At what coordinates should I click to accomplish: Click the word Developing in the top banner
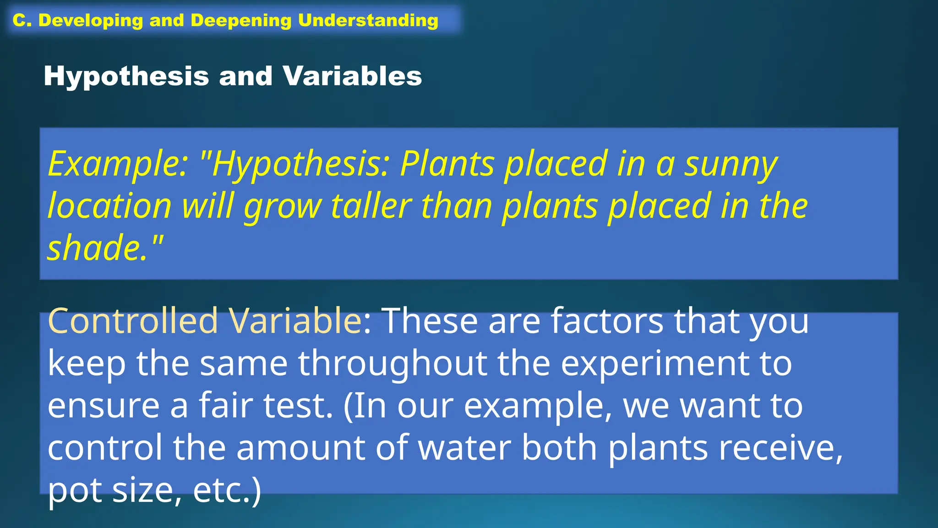point(90,21)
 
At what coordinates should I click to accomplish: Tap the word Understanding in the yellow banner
point(368,21)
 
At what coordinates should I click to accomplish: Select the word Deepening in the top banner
point(241,21)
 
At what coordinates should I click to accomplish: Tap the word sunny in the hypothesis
point(731,164)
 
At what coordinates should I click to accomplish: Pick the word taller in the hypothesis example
point(371,206)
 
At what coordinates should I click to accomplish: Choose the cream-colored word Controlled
point(133,320)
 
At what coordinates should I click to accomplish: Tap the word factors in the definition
point(607,320)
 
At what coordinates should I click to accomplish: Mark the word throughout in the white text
point(393,363)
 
